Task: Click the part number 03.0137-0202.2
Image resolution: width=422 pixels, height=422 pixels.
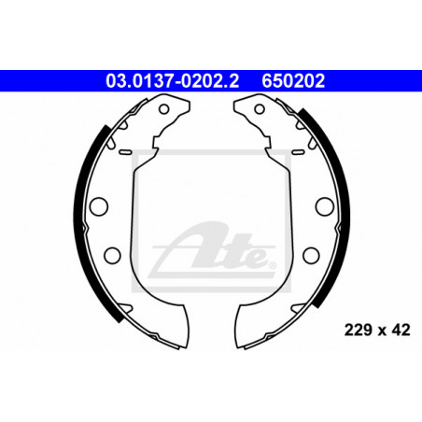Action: tap(172, 80)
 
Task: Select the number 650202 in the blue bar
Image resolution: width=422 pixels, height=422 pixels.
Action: tap(293, 80)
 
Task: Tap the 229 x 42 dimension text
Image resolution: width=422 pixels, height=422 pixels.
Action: tap(377, 330)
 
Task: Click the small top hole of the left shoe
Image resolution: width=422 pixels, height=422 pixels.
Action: tap(164, 109)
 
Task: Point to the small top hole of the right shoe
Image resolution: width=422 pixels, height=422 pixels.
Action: tap(260, 109)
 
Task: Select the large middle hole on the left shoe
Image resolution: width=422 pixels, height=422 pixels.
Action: tap(99, 206)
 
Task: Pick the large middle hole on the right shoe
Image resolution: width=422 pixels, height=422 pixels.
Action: tap(325, 206)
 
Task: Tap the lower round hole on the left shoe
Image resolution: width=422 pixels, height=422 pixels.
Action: tap(112, 255)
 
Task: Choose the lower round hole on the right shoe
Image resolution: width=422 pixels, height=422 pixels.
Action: tap(311, 255)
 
